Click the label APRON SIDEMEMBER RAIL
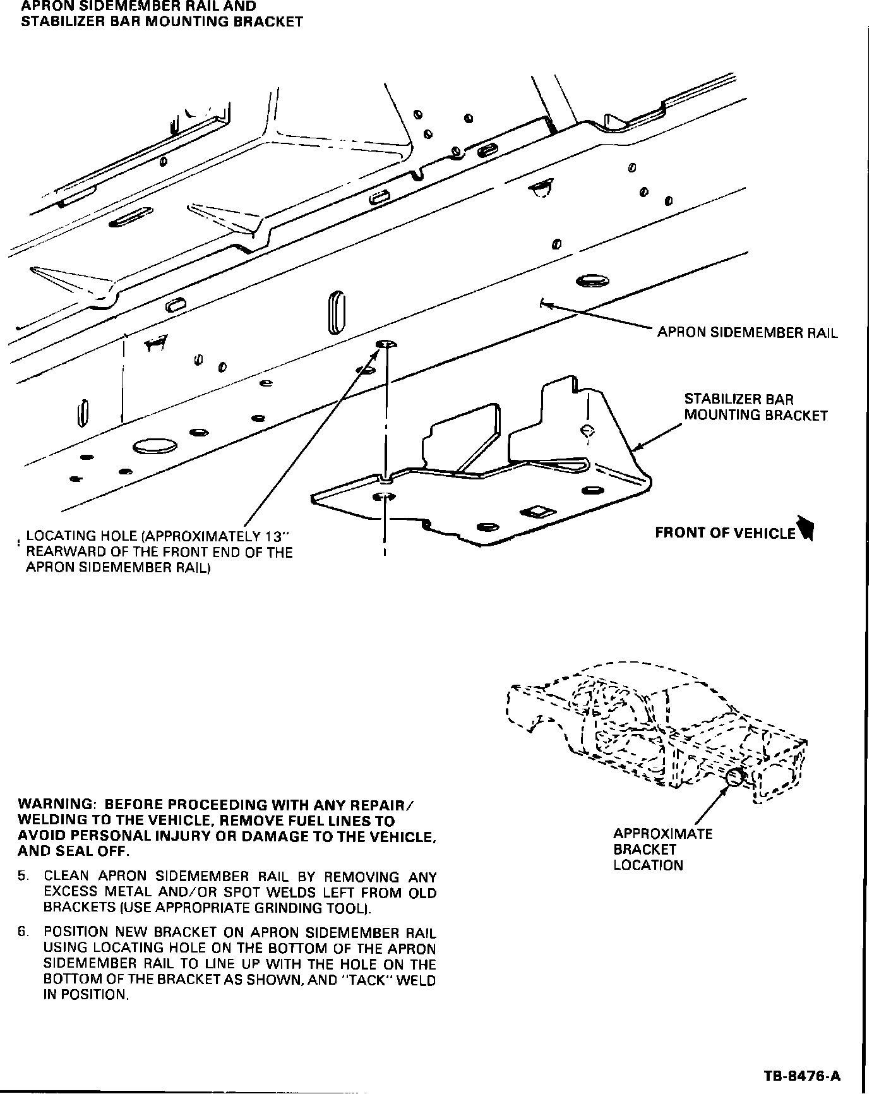point(747,333)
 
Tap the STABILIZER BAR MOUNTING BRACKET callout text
point(755,407)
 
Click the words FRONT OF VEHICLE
point(725,533)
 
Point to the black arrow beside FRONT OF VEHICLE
point(806,529)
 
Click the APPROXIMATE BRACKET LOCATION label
point(662,850)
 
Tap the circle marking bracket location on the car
point(734,778)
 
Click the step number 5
point(23,877)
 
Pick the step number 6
point(23,932)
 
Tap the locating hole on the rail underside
point(385,344)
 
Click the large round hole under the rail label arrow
point(592,280)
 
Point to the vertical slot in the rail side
point(337,312)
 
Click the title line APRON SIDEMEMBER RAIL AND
point(139,6)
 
